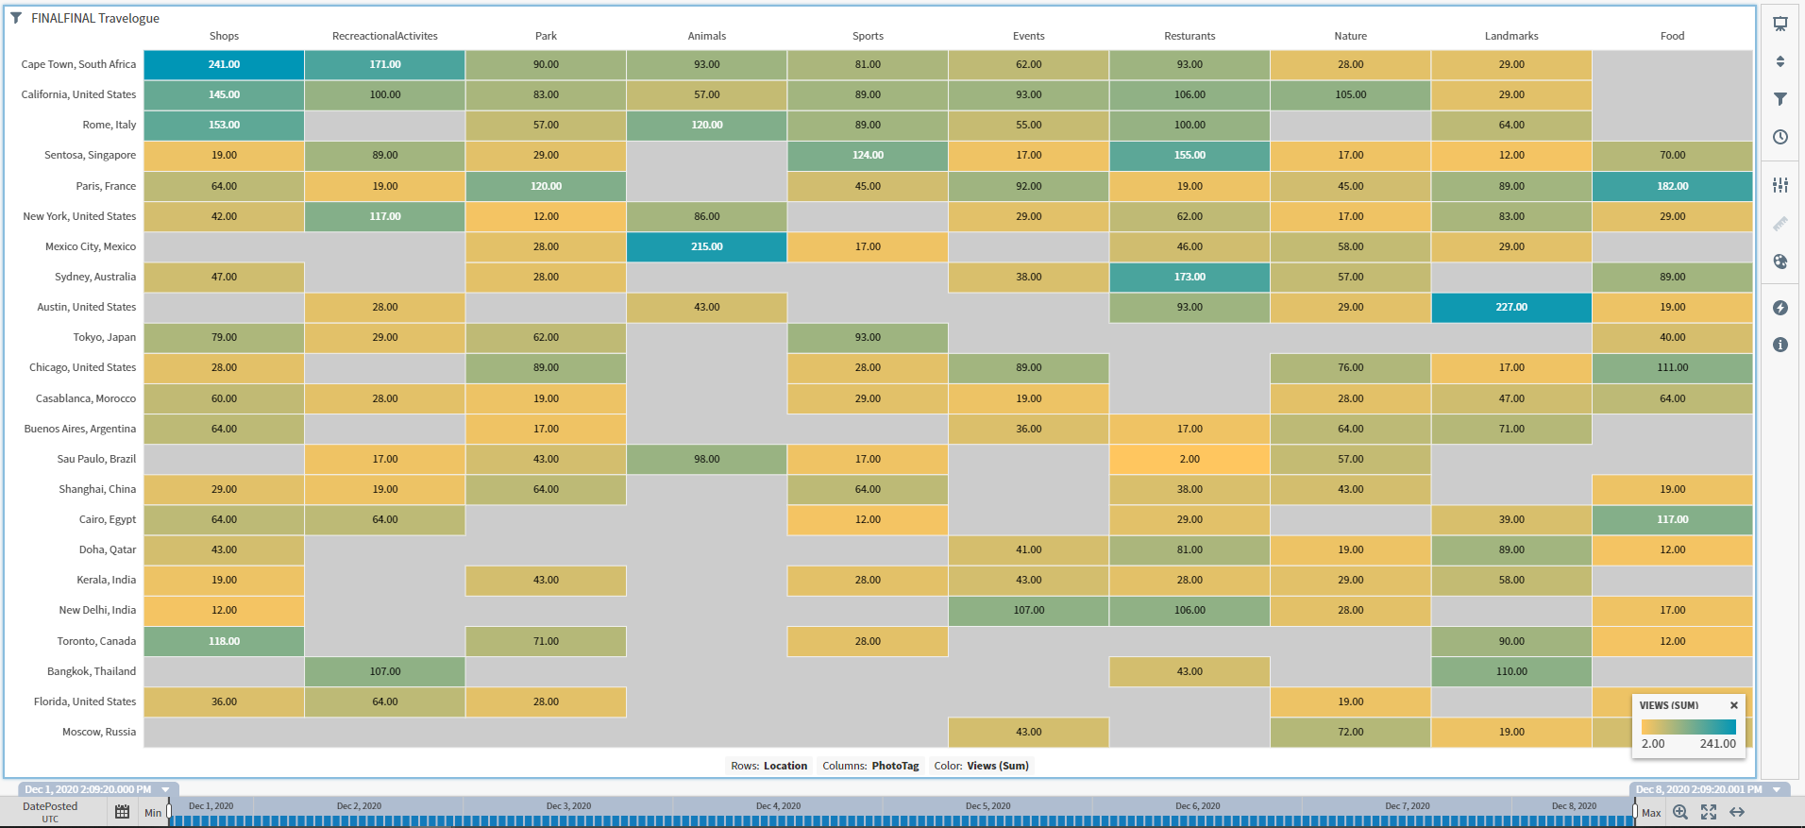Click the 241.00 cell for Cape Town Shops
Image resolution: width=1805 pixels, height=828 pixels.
pos(224,64)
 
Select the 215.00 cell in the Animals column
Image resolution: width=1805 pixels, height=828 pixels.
pos(706,246)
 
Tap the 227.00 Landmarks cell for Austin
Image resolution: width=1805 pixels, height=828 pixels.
pos(1510,307)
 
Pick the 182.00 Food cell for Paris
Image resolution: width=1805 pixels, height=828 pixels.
pos(1672,186)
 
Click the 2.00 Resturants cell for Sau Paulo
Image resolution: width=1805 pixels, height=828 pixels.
pos(1189,459)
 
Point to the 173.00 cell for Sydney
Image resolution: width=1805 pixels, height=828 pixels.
pos(1189,277)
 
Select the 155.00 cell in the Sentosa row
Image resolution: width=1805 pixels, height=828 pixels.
pos(1189,155)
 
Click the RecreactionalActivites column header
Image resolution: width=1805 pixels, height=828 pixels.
pos(385,36)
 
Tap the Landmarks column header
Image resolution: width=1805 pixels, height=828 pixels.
pos(1510,36)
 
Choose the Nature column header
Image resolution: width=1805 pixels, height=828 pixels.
pos(1350,36)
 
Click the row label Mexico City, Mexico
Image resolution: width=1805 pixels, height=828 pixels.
pos(91,246)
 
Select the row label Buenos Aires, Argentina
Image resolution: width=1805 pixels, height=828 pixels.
pos(80,429)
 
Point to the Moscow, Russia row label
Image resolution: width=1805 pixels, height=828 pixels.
pos(99,732)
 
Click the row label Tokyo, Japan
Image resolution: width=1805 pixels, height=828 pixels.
pos(105,337)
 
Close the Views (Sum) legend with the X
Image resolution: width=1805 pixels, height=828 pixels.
pos(1733,705)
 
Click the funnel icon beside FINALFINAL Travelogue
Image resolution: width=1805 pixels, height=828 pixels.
pos(16,18)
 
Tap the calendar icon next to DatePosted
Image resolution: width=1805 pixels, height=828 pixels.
pos(122,811)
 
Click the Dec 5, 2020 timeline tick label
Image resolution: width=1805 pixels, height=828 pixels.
pos(987,806)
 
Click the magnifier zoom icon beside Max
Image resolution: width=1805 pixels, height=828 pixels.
pos(1680,812)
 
